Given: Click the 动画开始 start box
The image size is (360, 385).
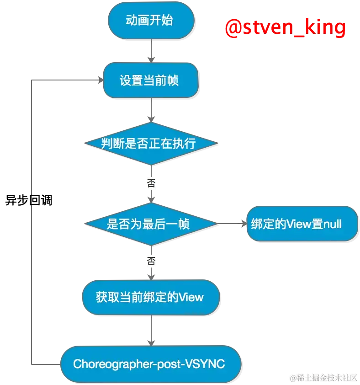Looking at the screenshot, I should coord(149,21).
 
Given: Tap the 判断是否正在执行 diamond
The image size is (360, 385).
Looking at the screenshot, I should coord(150,144).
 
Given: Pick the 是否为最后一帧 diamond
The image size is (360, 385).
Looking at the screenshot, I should coord(150,224).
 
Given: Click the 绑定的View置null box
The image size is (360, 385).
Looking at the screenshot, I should coord(302,224).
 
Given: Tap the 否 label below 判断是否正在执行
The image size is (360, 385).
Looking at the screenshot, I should coord(151,183).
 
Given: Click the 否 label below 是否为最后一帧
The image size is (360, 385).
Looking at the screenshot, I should coord(151,262).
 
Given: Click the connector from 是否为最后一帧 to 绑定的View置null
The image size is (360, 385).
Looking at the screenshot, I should coord(232,224).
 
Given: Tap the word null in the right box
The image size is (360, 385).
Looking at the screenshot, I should coord(333,224).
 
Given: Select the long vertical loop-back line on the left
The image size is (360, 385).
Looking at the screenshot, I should coord(31,219).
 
